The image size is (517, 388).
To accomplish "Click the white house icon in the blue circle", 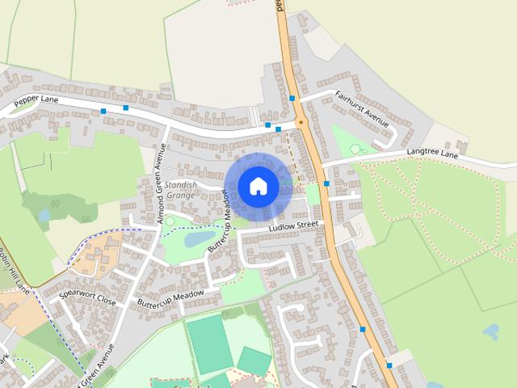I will pyautogui.click(x=258, y=186).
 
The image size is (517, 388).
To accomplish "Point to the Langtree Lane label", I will pyautogui.click(x=433, y=154).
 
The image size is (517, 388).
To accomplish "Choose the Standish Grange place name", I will pyautogui.click(x=180, y=190).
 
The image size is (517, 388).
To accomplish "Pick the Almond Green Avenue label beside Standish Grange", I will pyautogui.click(x=161, y=183).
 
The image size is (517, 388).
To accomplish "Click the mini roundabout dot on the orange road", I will pyautogui.click(x=301, y=123).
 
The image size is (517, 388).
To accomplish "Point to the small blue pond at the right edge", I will pyautogui.click(x=490, y=331).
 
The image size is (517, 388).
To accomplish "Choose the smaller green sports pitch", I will pyautogui.click(x=254, y=361).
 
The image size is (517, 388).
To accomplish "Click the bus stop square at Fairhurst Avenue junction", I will pyautogui.click(x=292, y=99).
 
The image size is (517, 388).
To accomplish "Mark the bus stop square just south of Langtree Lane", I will pyautogui.click(x=326, y=183).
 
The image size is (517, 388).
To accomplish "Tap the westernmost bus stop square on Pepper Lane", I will pyautogui.click(x=103, y=111).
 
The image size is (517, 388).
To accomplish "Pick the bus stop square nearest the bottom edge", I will pyautogui.click(x=389, y=365).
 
